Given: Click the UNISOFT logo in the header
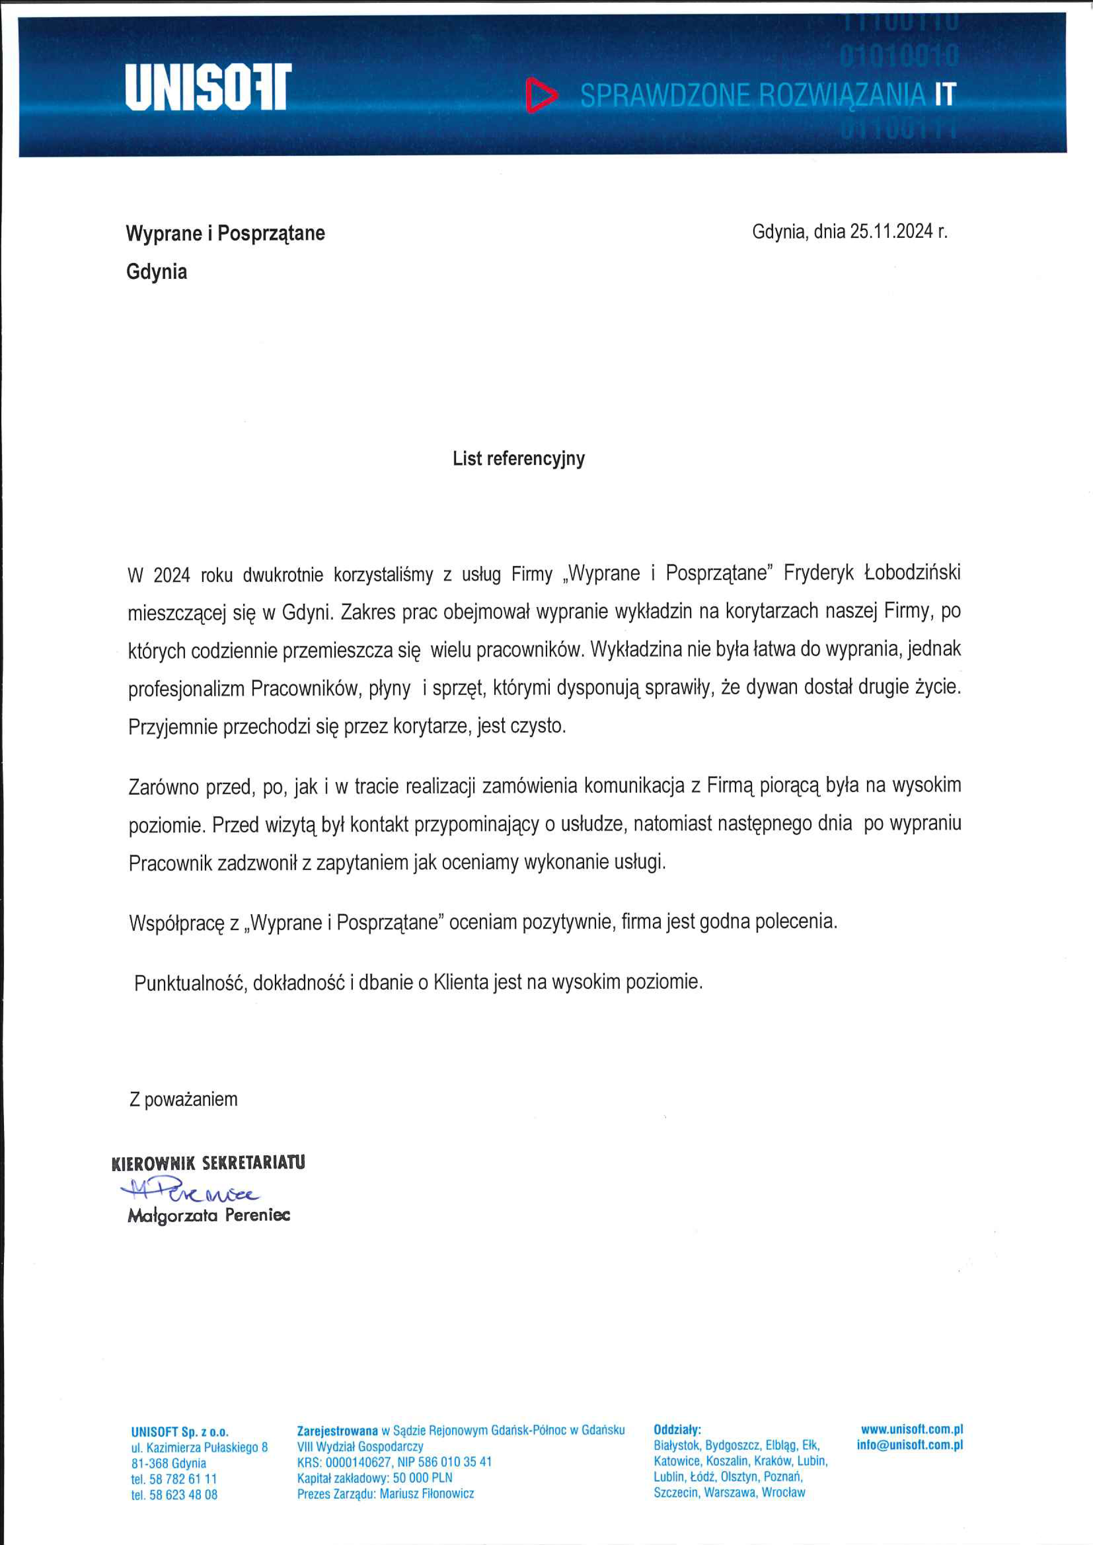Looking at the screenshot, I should coord(208,87).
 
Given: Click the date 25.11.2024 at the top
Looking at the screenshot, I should coord(891,232).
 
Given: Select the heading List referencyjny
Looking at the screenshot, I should coord(518,459).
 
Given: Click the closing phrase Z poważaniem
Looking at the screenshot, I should coord(183,1100).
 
